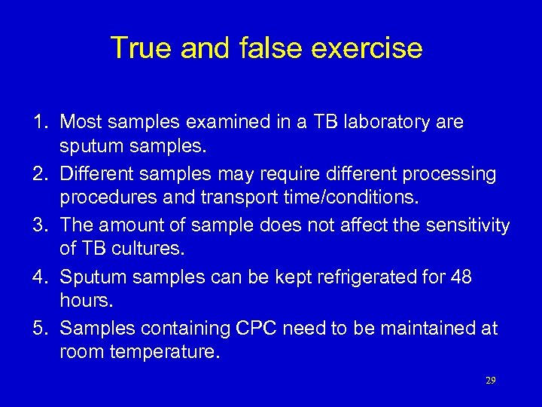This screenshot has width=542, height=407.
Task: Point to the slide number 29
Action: [x=491, y=381]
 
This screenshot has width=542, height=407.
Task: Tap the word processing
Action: [x=449, y=174]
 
